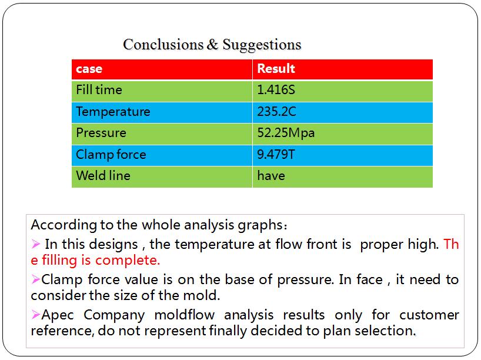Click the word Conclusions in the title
[163, 45]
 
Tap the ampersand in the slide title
[213, 45]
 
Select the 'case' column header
[89, 69]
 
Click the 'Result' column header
[276, 68]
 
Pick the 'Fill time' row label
[99, 90]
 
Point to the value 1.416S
[276, 90]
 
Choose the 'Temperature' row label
[113, 111]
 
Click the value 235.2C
[277, 111]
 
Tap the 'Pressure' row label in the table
[101, 133]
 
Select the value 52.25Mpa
[286, 133]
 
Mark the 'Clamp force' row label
[111, 154]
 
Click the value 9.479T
[276, 154]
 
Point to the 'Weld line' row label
[103, 175]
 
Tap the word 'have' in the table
[271, 176]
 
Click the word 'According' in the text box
[64, 225]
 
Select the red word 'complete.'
[128, 261]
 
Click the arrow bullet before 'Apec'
[36, 315]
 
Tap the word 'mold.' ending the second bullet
[202, 295]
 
